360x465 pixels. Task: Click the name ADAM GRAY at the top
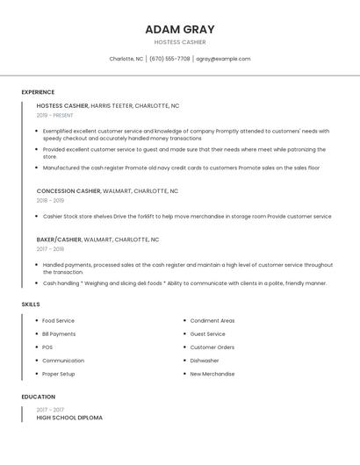tap(179, 30)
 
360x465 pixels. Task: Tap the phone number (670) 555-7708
tap(169, 59)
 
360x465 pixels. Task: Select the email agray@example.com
tap(223, 59)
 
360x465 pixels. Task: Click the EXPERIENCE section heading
tap(38, 92)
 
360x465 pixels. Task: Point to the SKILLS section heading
tap(31, 304)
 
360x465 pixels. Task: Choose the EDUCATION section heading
tap(38, 397)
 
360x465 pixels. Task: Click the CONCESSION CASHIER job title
tap(68, 190)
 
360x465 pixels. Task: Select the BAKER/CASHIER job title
tap(59, 239)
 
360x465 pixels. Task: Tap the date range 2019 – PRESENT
tap(54, 115)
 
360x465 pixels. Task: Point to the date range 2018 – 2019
tap(50, 200)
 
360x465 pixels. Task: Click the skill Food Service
tap(58, 321)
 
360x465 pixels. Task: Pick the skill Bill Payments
tap(59, 334)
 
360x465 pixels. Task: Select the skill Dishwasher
tap(205, 361)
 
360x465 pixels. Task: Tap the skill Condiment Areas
tap(212, 321)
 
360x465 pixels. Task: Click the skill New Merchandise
tap(212, 374)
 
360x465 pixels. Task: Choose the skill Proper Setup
tap(58, 374)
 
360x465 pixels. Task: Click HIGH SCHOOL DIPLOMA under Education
tap(69, 418)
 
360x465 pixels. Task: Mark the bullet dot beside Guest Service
tap(184, 334)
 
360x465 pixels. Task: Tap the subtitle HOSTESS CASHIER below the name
tap(179, 42)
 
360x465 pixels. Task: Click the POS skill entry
tap(47, 347)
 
